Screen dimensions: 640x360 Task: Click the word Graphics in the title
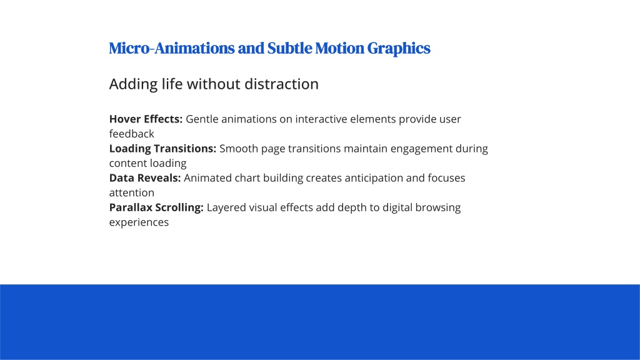(399, 49)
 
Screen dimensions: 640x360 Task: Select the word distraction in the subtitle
(281, 84)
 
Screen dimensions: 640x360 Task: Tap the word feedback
(131, 134)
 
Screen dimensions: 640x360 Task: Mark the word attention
(131, 192)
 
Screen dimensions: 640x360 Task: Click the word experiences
(139, 222)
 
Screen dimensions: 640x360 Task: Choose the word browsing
(438, 207)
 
